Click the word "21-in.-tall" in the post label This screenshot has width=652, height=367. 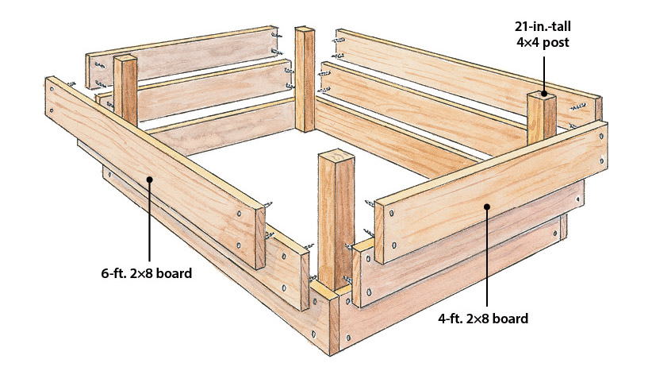[543, 27]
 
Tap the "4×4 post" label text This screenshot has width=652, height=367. [543, 42]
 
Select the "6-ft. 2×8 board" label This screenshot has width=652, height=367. [147, 273]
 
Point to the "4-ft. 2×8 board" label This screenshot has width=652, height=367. [483, 319]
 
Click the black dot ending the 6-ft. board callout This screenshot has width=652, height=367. [149, 179]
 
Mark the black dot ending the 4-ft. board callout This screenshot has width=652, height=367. [487, 206]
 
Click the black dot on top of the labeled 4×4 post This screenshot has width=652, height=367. [543, 95]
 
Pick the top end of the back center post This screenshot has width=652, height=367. [305, 29]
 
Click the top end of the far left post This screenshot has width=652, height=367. [125, 58]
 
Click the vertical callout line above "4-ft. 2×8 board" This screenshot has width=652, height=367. [487, 257]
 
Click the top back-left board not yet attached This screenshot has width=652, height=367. [182, 57]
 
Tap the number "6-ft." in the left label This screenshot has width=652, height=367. [113, 273]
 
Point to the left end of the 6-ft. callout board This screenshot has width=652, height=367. [51, 97]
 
